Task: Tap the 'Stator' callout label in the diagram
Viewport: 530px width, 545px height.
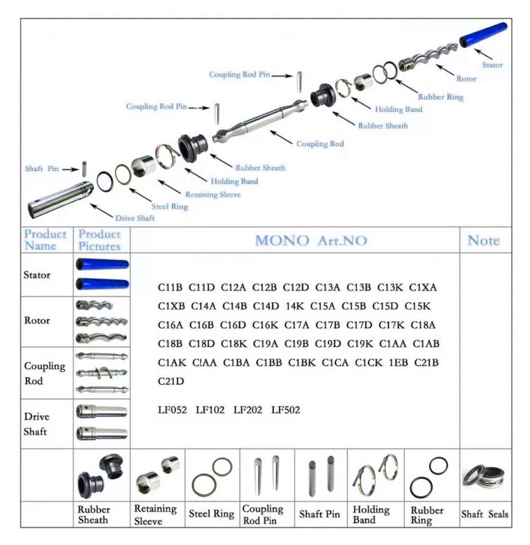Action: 492,66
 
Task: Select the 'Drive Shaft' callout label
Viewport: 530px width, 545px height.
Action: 135,218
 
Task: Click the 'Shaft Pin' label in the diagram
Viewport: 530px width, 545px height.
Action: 42,169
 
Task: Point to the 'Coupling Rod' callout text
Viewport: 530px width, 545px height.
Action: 320,144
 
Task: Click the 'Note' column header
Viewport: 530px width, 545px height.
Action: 483,240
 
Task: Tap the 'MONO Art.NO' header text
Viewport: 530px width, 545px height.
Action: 311,241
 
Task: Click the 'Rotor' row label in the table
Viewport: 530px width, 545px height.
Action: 37,320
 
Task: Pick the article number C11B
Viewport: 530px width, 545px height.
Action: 170,287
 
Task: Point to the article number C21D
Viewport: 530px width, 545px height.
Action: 171,381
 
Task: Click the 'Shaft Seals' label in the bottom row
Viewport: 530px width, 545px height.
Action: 484,514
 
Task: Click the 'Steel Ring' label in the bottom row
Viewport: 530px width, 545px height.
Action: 212,514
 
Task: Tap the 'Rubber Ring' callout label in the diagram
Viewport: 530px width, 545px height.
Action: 441,97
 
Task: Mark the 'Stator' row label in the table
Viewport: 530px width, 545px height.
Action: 37,275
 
